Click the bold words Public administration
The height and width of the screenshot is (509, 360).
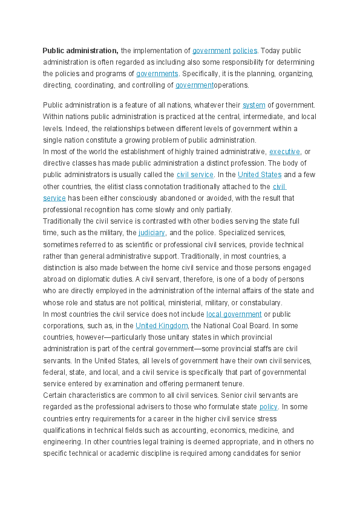tap(80, 51)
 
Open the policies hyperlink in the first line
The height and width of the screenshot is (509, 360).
tap(245, 51)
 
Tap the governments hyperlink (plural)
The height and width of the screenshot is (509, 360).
tap(157, 74)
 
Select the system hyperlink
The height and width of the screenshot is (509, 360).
tap(254, 105)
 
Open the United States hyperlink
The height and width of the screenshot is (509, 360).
tap(260, 175)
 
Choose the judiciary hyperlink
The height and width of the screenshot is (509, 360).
tap(152, 233)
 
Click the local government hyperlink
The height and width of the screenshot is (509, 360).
tap(234, 314)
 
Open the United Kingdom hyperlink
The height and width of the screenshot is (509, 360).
tap(162, 326)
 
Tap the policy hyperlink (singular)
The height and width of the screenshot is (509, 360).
tap(268, 407)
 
